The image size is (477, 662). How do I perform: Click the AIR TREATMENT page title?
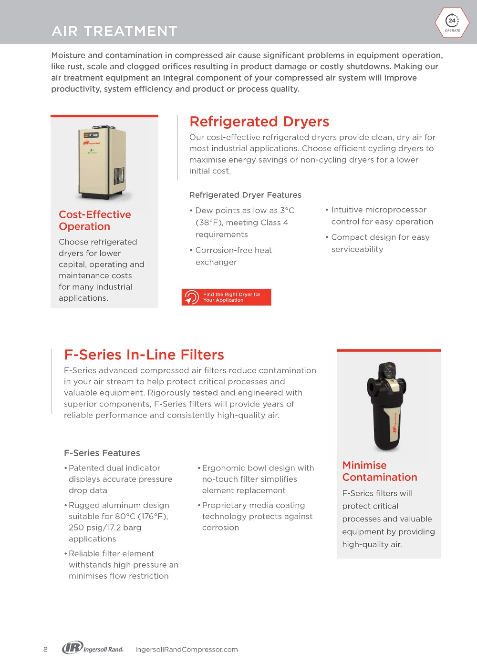pyautogui.click(x=114, y=31)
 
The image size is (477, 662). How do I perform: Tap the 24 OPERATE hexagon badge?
pyautogui.click(x=452, y=22)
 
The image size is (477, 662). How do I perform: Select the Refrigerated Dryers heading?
pyautogui.click(x=259, y=122)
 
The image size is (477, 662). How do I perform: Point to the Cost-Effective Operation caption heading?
pyautogui.click(x=94, y=220)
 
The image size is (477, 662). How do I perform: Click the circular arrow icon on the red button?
pyautogui.click(x=191, y=297)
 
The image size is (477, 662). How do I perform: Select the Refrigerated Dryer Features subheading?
pyautogui.click(x=245, y=195)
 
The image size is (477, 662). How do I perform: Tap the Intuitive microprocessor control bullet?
pyautogui.click(x=382, y=215)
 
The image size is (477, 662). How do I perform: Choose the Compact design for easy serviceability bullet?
pyautogui.click(x=380, y=243)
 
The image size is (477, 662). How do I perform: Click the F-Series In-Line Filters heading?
pyautogui.click(x=144, y=355)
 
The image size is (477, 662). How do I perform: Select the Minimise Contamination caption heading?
pyautogui.click(x=379, y=471)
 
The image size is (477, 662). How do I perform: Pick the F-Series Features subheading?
pyautogui.click(x=102, y=453)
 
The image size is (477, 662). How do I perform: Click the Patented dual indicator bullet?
pyautogui.click(x=120, y=479)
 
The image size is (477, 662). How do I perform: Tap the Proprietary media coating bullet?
pyautogui.click(x=257, y=516)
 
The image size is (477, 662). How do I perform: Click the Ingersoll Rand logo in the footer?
pyautogui.click(x=93, y=648)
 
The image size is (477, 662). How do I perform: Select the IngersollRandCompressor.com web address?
pyautogui.click(x=187, y=650)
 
